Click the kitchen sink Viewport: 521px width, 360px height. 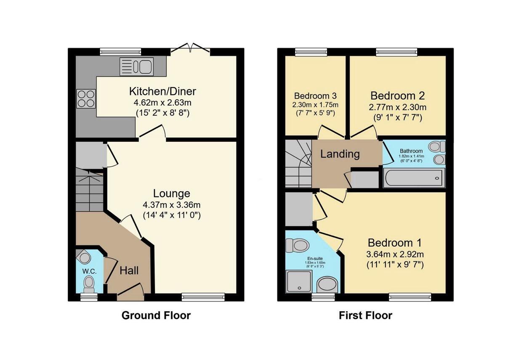click(x=137, y=66)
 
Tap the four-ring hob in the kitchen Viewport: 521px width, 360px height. click(x=85, y=99)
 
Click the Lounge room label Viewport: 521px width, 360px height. click(x=171, y=193)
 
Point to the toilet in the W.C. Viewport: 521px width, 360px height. click(x=89, y=284)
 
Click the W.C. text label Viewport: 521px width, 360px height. click(x=89, y=271)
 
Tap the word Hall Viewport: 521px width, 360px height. click(x=129, y=271)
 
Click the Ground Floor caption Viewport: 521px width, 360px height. click(x=156, y=315)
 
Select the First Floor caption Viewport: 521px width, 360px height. click(x=365, y=315)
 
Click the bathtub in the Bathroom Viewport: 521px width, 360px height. click(x=414, y=178)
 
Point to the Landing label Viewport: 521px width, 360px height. click(x=340, y=154)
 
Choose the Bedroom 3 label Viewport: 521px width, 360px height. click(x=315, y=95)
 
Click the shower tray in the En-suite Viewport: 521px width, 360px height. click(x=299, y=281)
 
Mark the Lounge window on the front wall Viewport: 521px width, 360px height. click(x=203, y=297)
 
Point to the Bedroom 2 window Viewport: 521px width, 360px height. click(x=397, y=52)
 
